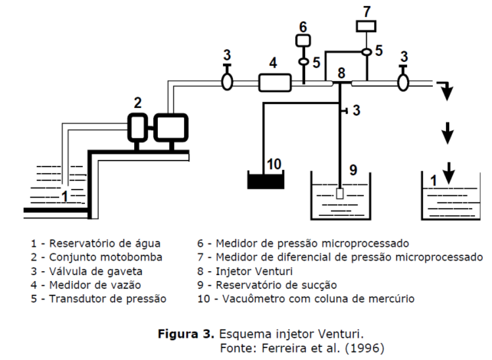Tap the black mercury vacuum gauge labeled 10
[264, 181]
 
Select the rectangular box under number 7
[366, 26]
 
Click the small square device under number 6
[303, 40]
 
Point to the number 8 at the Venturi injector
[342, 73]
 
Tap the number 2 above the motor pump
[138, 102]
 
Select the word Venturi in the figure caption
[342, 335]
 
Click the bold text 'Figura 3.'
[186, 335]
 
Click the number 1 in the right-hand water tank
[434, 181]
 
